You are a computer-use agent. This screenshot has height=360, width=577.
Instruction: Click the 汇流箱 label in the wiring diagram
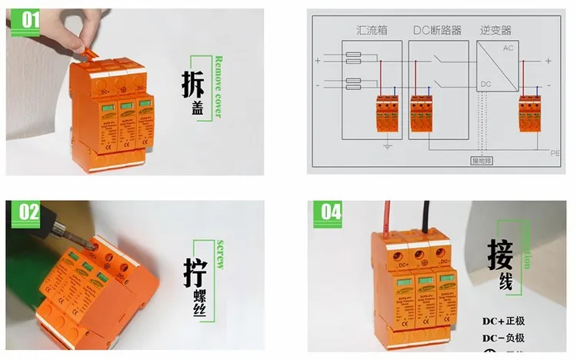point(371,31)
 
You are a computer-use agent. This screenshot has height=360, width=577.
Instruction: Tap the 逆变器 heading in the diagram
point(495,31)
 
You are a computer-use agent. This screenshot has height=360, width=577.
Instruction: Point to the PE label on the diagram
point(555,154)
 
